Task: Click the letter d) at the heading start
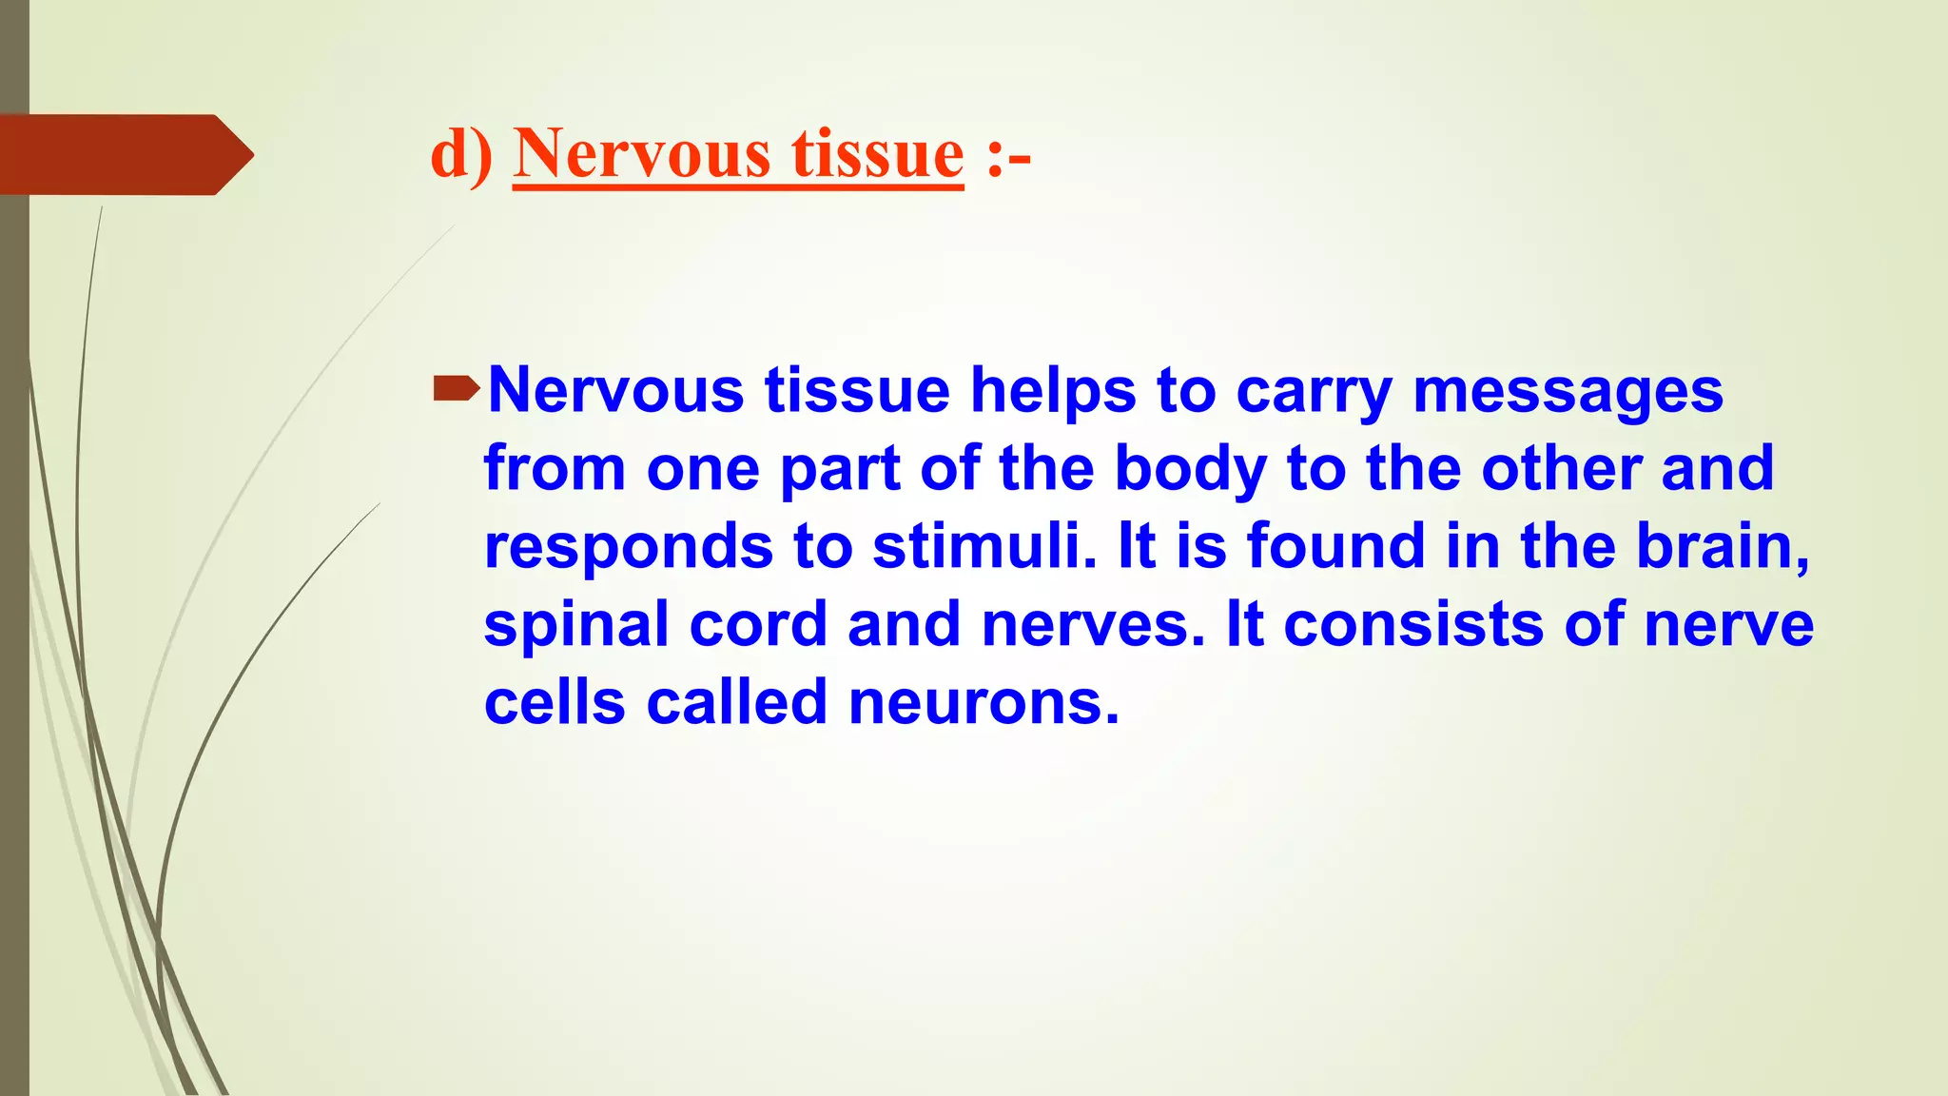point(461,154)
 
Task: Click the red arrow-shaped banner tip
point(233,154)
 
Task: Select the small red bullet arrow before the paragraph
point(456,388)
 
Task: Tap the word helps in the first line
point(1053,392)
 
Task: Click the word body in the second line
point(1190,470)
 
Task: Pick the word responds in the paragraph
point(629,548)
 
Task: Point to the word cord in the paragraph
point(758,624)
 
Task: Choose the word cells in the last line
point(555,702)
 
